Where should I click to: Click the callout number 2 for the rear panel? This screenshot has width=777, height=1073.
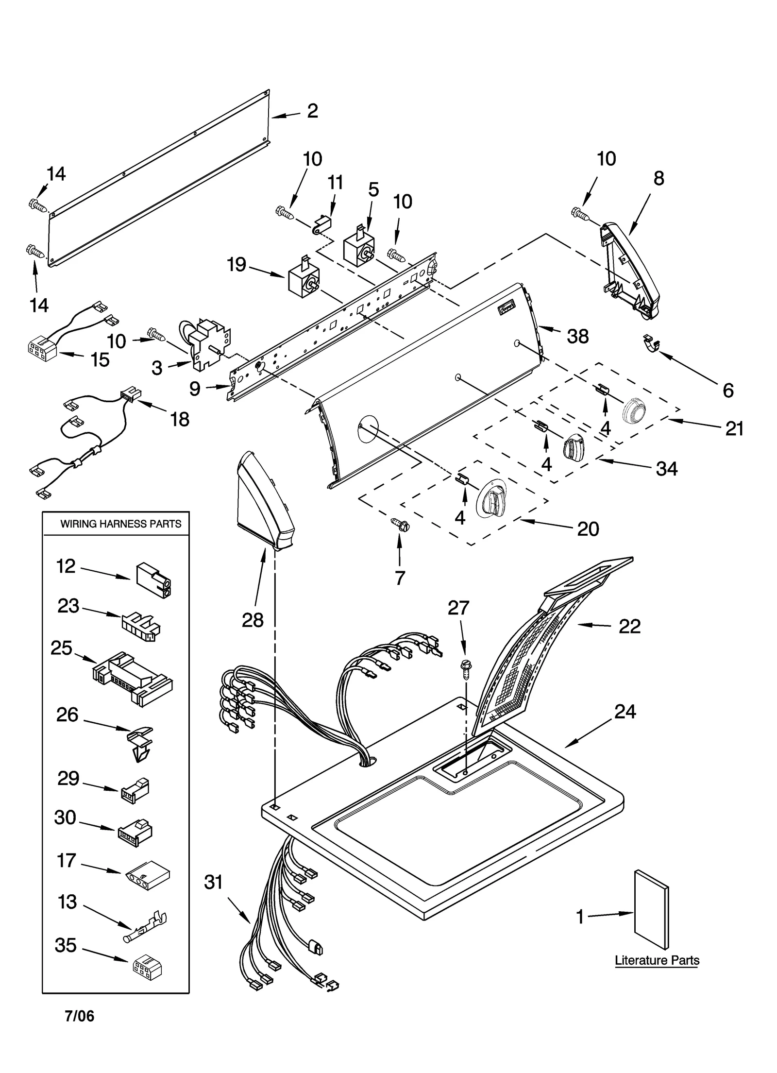[x=312, y=111]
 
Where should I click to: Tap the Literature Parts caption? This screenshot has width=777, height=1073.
[x=657, y=960]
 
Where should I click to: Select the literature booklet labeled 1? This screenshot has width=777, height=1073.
[x=651, y=909]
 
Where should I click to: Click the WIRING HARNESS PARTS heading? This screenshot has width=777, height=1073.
[x=120, y=524]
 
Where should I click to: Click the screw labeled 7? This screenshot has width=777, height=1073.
[x=400, y=525]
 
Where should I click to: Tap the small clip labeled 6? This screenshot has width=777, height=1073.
[x=651, y=344]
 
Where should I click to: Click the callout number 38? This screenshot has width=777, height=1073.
[x=577, y=336]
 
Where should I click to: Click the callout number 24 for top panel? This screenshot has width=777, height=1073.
[x=625, y=712]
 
